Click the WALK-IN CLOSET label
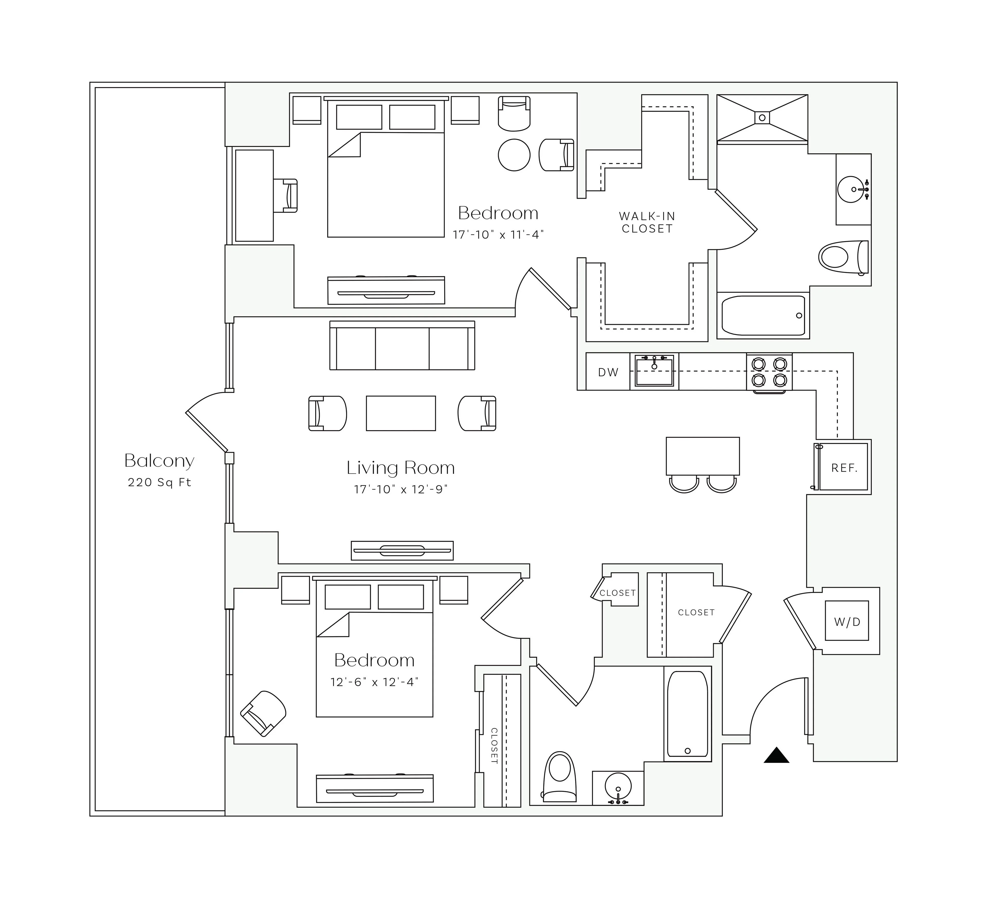click(x=647, y=222)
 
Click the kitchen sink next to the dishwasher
click(x=654, y=371)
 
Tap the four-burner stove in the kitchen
click(x=769, y=372)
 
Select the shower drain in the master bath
click(x=762, y=118)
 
